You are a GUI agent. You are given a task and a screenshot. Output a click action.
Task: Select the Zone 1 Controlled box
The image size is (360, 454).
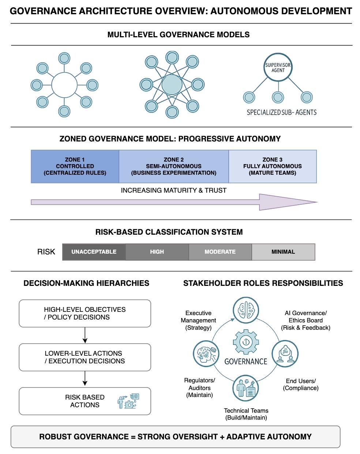75,166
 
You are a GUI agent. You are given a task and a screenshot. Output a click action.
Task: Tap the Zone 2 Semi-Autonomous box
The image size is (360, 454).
174,166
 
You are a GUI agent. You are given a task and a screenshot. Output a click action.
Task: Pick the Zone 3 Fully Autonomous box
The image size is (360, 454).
273,166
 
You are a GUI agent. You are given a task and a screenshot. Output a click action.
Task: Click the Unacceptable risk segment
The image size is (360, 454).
94,252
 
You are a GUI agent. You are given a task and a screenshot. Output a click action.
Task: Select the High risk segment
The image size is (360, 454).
157,252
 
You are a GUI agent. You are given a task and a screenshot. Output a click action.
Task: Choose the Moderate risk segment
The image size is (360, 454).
220,252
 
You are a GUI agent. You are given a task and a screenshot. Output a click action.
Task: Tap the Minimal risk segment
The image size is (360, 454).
283,252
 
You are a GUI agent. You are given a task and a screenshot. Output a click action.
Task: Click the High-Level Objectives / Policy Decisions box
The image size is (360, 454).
85,313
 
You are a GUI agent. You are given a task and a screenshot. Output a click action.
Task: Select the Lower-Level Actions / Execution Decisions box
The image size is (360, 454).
85,357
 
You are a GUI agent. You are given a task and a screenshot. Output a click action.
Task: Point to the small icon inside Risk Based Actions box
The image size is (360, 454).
128,401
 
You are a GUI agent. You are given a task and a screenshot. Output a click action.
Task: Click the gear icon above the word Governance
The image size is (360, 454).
245,342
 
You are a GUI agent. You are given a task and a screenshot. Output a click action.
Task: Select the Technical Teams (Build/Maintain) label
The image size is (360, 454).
246,414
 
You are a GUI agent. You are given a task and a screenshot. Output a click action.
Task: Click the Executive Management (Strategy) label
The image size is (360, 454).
198,320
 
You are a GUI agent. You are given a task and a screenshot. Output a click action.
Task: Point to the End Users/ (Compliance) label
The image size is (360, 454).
300,384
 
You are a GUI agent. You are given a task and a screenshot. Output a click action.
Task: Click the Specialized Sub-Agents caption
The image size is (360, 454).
281,112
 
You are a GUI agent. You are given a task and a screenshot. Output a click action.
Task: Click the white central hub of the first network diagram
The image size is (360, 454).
64,85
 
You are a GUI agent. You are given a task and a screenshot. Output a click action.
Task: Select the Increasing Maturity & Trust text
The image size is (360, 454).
174,190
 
